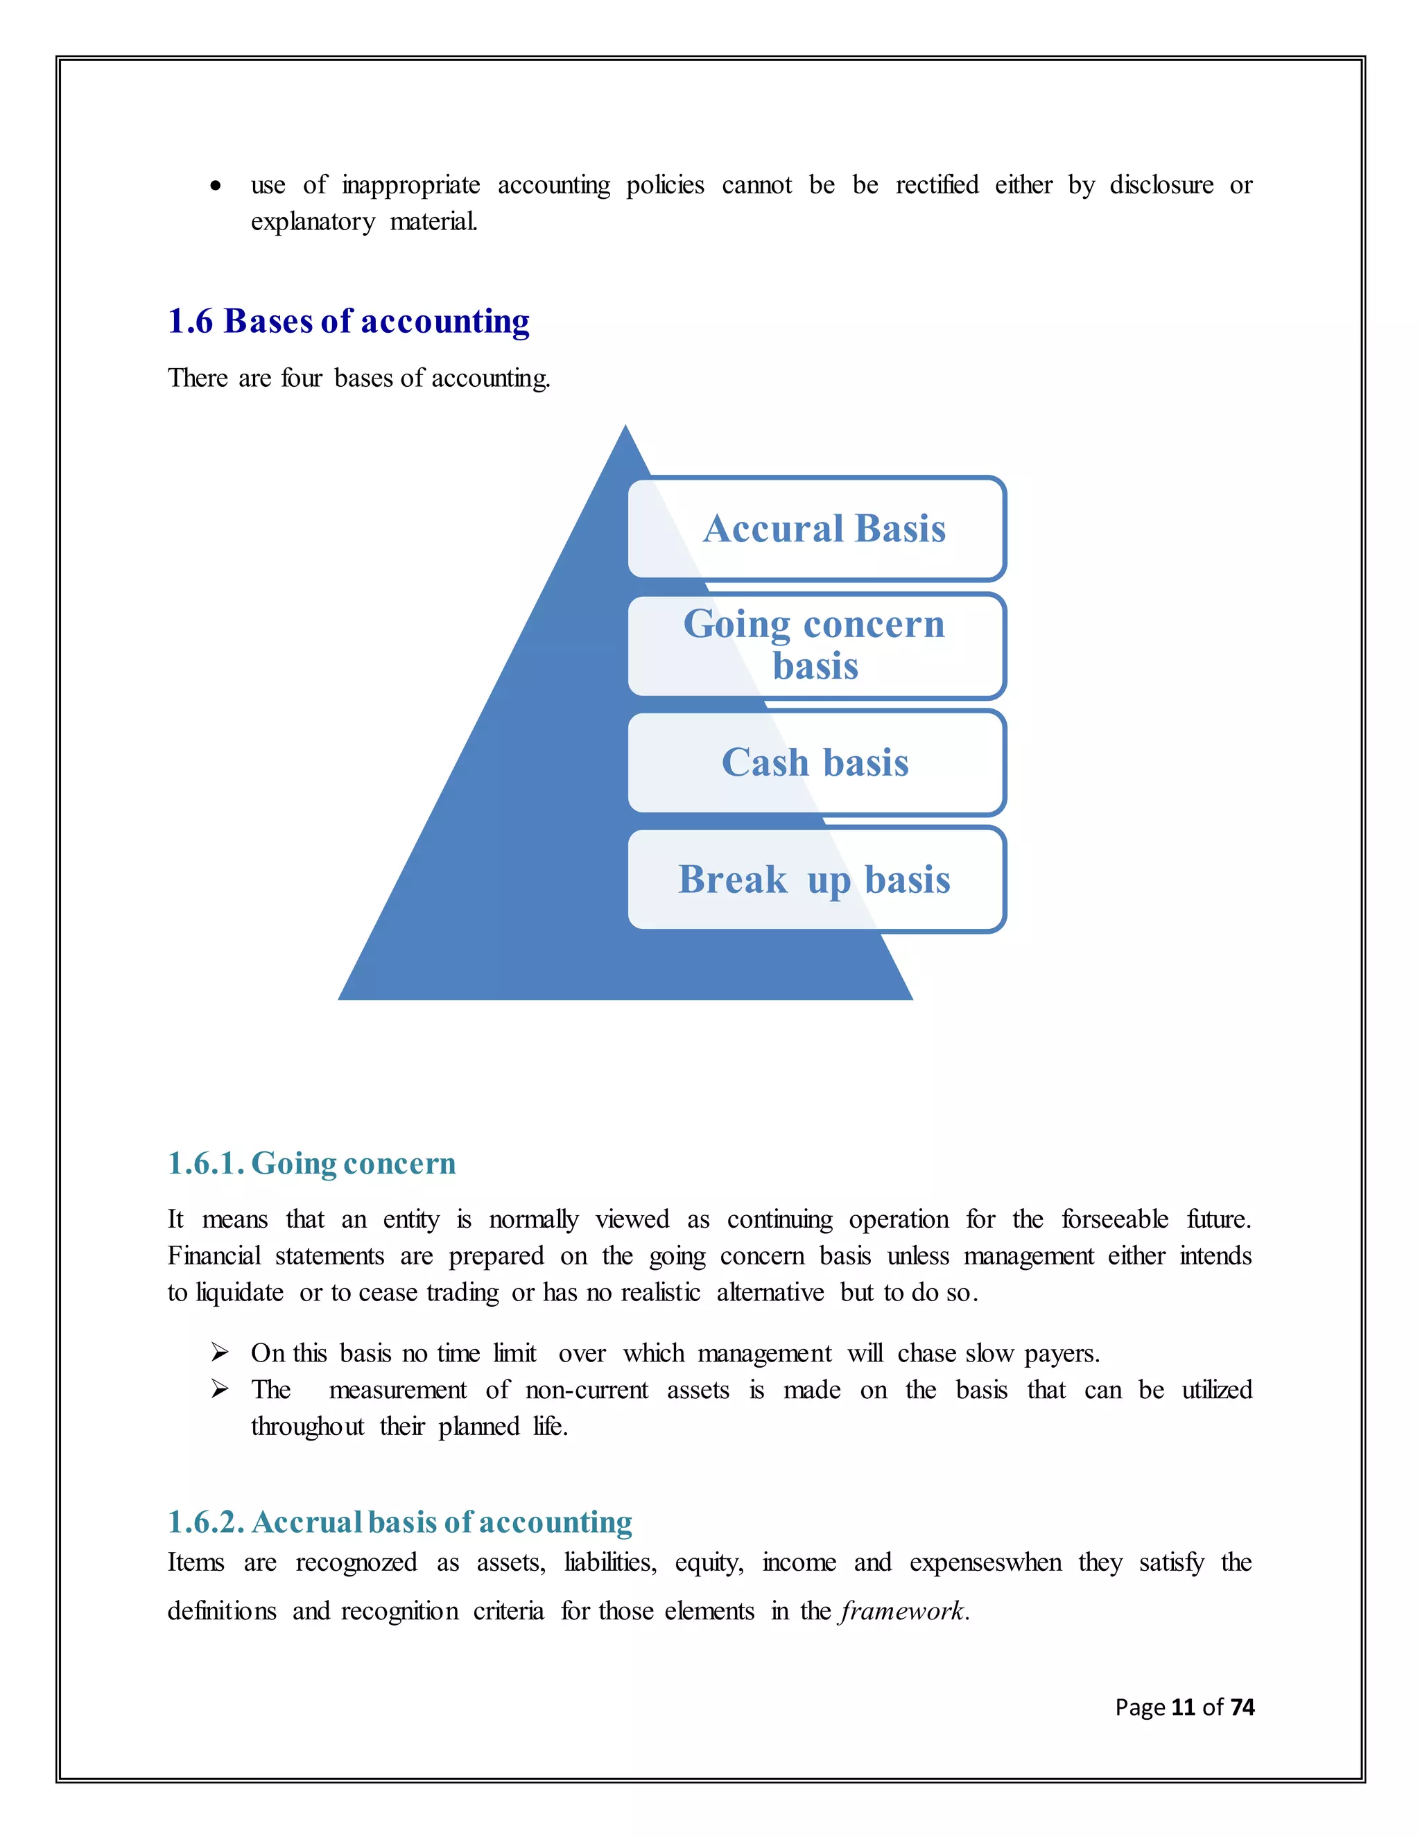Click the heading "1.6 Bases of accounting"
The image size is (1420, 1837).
tap(348, 322)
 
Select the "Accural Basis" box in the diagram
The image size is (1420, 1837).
tap(817, 529)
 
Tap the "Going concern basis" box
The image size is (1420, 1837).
tap(817, 645)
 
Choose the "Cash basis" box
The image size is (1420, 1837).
tap(817, 762)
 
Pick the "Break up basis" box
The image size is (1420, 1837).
tap(817, 879)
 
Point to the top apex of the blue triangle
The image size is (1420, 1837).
tap(625, 429)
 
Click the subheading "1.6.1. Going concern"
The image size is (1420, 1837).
tap(311, 1163)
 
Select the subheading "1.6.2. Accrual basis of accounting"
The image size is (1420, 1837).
tap(399, 1522)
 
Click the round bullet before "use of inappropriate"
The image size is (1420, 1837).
tap(216, 186)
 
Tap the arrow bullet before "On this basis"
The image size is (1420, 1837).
tap(220, 1352)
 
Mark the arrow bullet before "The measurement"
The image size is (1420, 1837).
tap(220, 1388)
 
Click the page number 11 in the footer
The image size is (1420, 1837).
tap(1183, 1707)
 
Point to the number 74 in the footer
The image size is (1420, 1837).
tap(1242, 1707)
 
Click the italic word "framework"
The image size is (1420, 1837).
tap(902, 1611)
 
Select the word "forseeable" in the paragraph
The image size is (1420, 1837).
tap(1115, 1219)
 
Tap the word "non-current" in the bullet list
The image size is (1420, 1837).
tap(587, 1389)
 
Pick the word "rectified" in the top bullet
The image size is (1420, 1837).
tap(936, 185)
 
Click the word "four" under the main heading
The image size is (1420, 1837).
tap(301, 378)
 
